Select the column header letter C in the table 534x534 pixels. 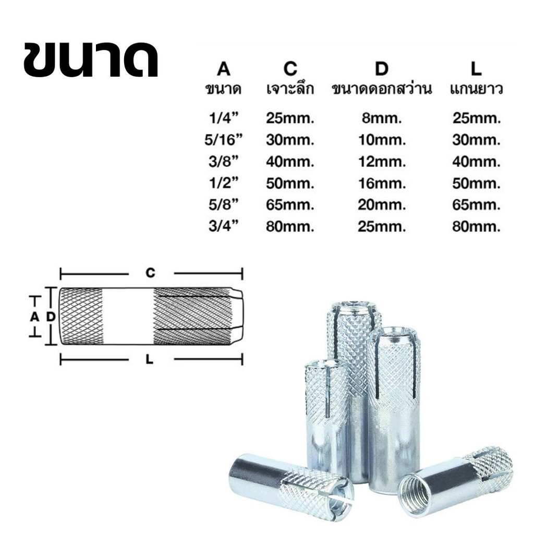click(x=290, y=68)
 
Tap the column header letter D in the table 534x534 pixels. click(x=381, y=68)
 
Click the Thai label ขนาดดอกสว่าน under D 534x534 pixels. click(x=382, y=89)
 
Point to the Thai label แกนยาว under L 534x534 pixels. click(x=477, y=89)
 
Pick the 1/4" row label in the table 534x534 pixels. click(x=223, y=118)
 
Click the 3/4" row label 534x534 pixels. click(x=223, y=226)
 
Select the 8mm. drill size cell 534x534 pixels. click(x=382, y=118)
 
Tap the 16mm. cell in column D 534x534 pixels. click(x=382, y=184)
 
